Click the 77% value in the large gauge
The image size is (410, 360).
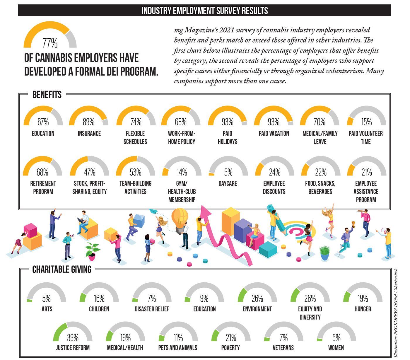tap(50, 43)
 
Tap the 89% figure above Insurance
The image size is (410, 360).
tap(88, 122)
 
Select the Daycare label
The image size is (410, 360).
tap(228, 183)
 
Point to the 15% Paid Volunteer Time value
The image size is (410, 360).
tap(366, 122)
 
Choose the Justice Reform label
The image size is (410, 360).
tap(73, 348)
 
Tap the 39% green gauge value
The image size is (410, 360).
tap(73, 337)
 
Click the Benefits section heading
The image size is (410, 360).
tap(47, 95)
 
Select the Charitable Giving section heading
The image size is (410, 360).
tap(62, 269)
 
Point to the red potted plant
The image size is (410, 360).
tap(92, 252)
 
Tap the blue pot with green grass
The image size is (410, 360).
tap(324, 253)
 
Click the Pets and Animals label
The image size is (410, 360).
tap(178, 348)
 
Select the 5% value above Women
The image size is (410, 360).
tap(336, 337)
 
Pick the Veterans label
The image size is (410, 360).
tap(283, 348)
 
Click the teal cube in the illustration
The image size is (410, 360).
tap(268, 250)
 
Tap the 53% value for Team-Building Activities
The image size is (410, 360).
tap(135, 172)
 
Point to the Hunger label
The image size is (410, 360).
tap(363, 309)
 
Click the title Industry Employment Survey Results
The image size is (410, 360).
tap(205, 11)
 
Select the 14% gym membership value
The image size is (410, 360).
tap(182, 172)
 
